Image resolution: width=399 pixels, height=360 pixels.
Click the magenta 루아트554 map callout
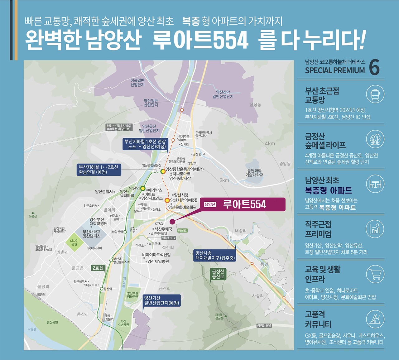point(242,204)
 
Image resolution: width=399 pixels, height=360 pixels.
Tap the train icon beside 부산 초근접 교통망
point(375,94)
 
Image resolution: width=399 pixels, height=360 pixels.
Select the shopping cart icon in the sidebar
point(375,274)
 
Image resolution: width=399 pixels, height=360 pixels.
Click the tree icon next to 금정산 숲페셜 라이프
point(375,139)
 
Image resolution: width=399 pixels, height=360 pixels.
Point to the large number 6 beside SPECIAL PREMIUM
point(374,67)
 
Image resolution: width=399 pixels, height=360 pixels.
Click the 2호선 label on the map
point(98,268)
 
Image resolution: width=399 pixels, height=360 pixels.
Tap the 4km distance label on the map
point(270,143)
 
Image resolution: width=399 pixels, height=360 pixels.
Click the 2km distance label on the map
point(224,180)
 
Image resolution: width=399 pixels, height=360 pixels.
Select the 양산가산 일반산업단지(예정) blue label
point(161,300)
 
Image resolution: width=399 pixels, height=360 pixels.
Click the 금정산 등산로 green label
point(218,274)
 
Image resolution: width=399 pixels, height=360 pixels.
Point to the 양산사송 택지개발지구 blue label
point(215,255)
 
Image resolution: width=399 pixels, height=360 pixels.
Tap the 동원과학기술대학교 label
point(255,173)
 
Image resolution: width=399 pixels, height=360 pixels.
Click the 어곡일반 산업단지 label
point(137,83)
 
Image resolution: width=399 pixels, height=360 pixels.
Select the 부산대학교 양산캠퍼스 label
point(92,234)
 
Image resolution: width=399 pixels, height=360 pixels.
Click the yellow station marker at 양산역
point(143,188)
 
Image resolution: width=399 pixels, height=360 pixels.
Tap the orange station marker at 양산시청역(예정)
point(167,200)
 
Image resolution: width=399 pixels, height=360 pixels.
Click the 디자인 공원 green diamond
point(74,242)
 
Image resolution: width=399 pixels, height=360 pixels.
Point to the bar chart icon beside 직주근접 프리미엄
point(375,229)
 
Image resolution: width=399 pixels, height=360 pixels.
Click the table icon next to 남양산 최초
point(375,184)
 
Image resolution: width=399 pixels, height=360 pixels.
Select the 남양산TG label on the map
point(169,238)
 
